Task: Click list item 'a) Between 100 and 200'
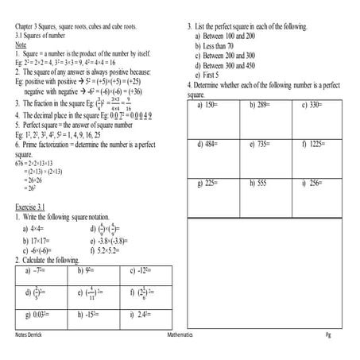(x=236, y=37)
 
